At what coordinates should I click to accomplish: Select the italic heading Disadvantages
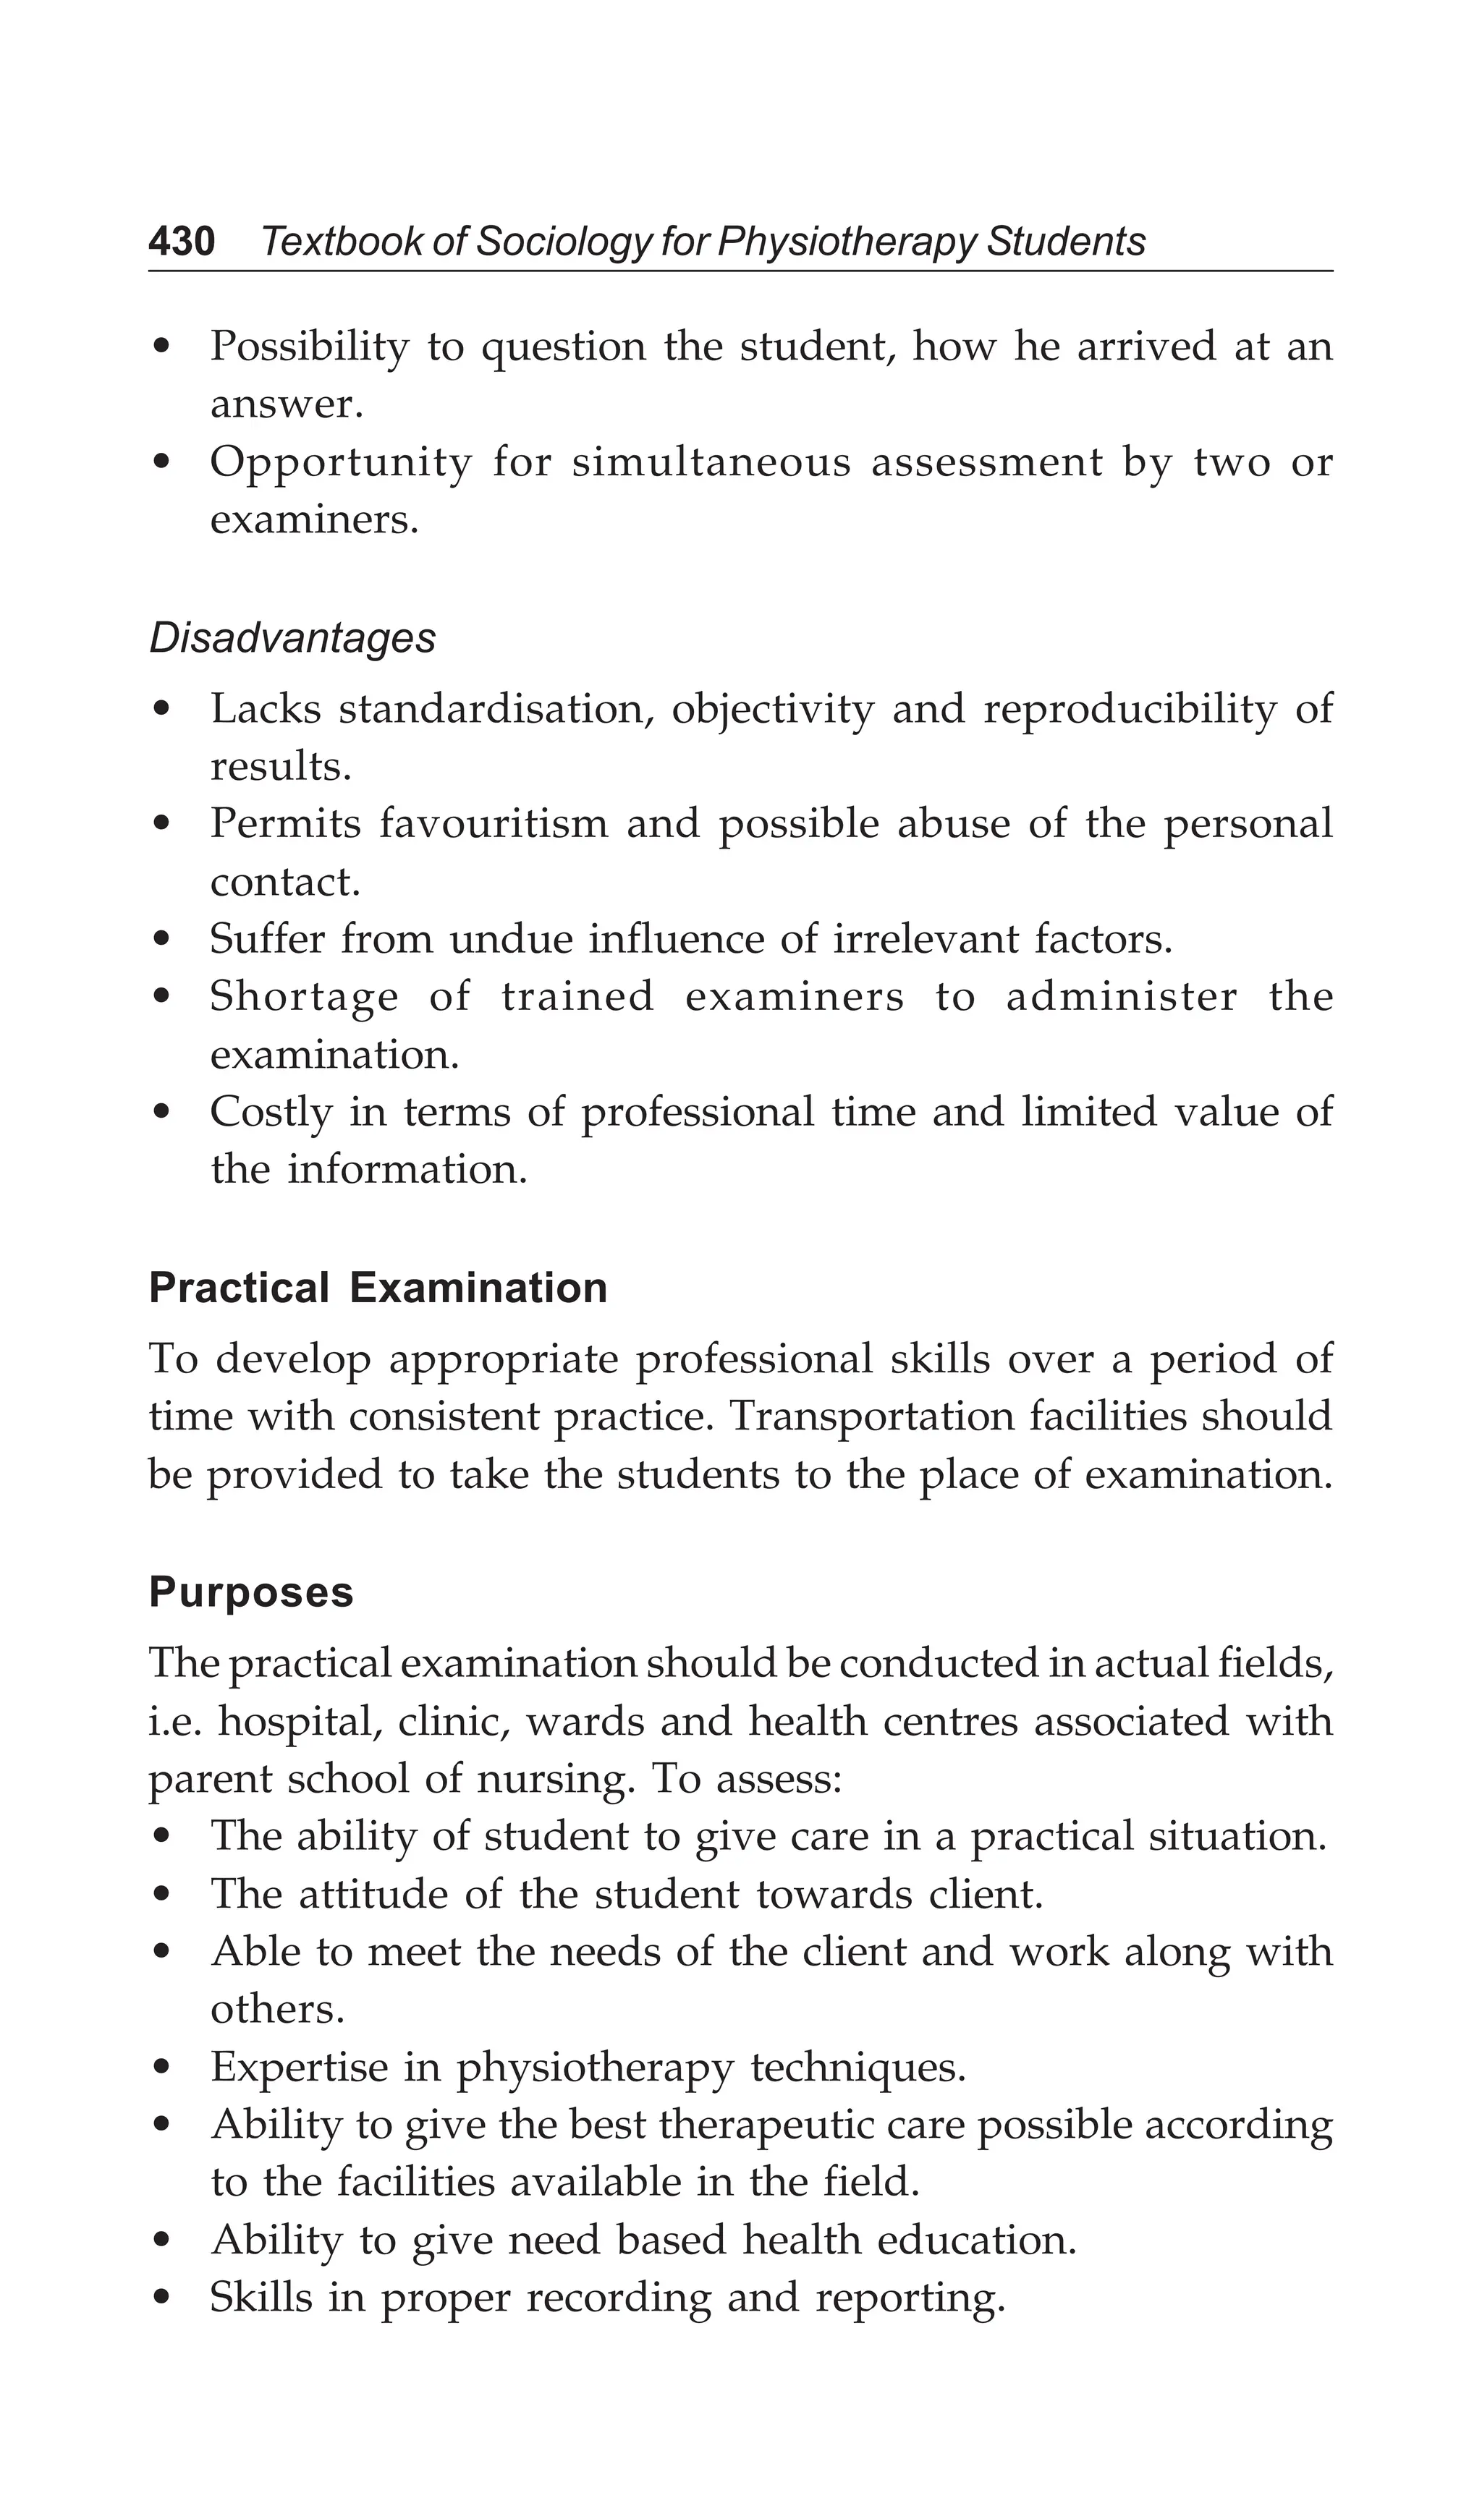292,638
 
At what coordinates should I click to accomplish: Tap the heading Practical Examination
378,1288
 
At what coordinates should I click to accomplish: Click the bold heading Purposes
251,1592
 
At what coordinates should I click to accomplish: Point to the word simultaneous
710,462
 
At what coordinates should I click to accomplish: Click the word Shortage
303,997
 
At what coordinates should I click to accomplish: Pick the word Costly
271,1112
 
